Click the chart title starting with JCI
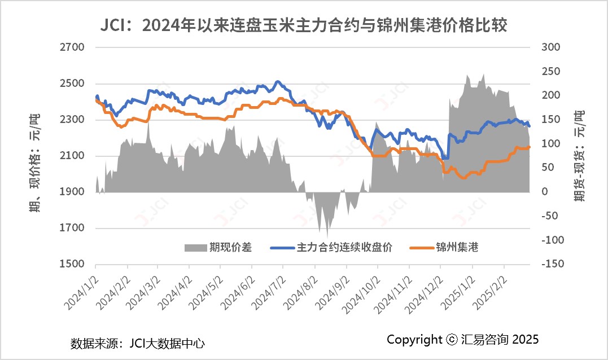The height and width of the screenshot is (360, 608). (x=304, y=25)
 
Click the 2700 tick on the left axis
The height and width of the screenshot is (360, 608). (x=72, y=47)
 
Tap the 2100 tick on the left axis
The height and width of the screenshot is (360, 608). (x=72, y=156)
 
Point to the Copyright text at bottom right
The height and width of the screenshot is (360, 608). (x=463, y=339)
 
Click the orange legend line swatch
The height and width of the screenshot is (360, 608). (x=421, y=248)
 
